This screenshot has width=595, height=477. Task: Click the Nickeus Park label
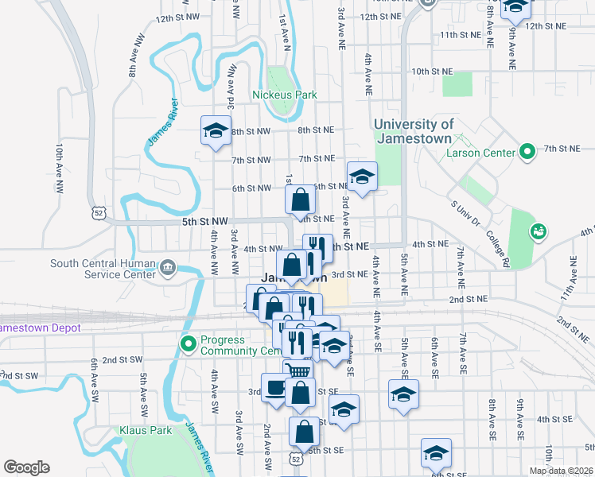click(x=284, y=95)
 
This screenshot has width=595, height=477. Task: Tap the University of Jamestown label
click(x=414, y=131)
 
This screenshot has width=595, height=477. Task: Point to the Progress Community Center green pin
click(x=189, y=344)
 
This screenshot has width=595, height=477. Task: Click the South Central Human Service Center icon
click(x=168, y=266)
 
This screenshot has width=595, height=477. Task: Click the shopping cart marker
click(x=297, y=370)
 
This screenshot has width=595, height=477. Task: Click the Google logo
click(x=25, y=467)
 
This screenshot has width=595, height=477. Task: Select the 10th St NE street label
click(x=431, y=72)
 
